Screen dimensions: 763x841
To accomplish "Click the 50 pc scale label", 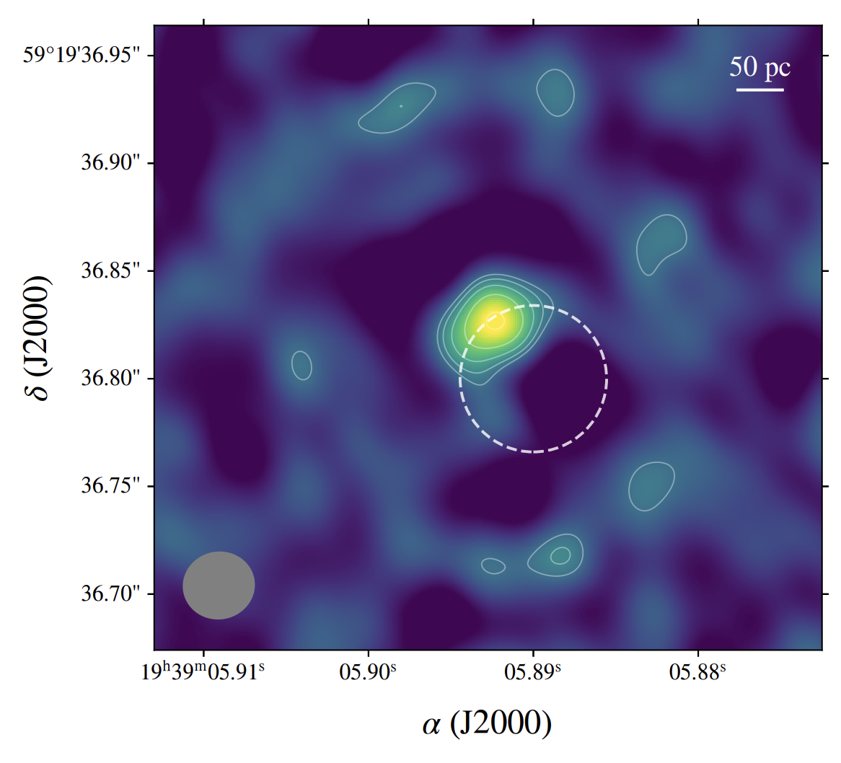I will [759, 68].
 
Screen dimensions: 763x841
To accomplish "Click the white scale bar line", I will [759, 90].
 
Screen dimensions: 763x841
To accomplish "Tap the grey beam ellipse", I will [219, 586].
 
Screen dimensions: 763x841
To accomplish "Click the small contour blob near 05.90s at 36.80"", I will [301, 365].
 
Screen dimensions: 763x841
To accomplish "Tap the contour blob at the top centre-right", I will [555, 92].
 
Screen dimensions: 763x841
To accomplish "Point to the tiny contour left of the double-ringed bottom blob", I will [493, 566].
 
